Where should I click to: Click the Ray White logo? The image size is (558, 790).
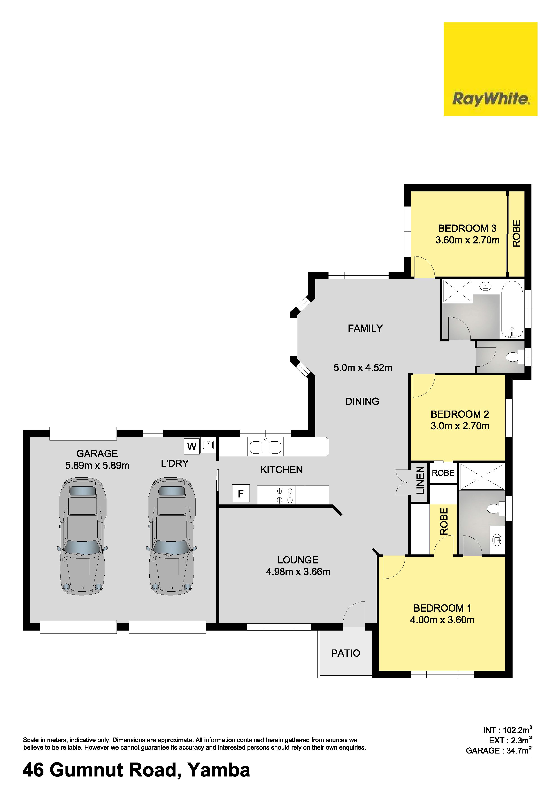click(x=490, y=69)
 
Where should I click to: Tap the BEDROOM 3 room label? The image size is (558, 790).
click(x=467, y=228)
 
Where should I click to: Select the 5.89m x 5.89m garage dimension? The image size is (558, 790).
click(x=97, y=465)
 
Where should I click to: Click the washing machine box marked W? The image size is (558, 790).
click(x=191, y=446)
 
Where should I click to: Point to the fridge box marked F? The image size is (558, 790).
click(x=241, y=494)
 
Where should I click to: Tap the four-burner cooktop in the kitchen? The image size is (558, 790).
click(x=285, y=495)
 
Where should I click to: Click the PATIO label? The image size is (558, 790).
click(x=346, y=653)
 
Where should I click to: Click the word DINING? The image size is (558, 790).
click(x=362, y=401)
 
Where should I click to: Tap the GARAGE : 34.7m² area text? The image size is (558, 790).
click(x=499, y=750)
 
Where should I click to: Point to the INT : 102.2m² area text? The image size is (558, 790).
click(x=507, y=730)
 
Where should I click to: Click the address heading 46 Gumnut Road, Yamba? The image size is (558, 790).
click(x=136, y=770)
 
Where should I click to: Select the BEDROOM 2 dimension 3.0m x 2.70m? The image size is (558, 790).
click(x=460, y=426)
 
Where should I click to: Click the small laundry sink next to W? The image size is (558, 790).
click(x=208, y=445)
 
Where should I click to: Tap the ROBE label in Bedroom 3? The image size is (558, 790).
click(x=516, y=233)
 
